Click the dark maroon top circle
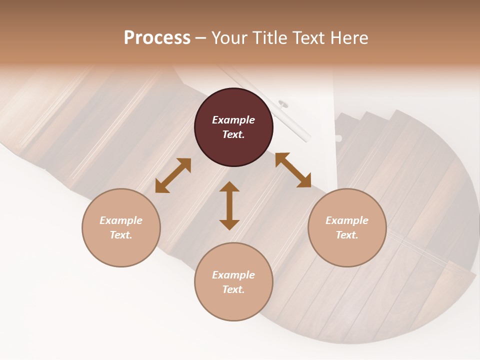[233, 127]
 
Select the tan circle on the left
[121, 227]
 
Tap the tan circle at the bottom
[233, 282]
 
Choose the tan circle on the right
[347, 227]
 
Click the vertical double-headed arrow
[229, 205]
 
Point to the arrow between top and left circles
[173, 175]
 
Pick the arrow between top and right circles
[293, 170]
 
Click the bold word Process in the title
[157, 38]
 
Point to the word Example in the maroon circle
[233, 120]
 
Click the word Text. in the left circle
[121, 235]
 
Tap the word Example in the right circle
[347, 220]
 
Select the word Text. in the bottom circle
[233, 289]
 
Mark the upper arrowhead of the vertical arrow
[229, 187]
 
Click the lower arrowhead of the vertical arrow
[229, 224]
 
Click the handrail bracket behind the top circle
[283, 104]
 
